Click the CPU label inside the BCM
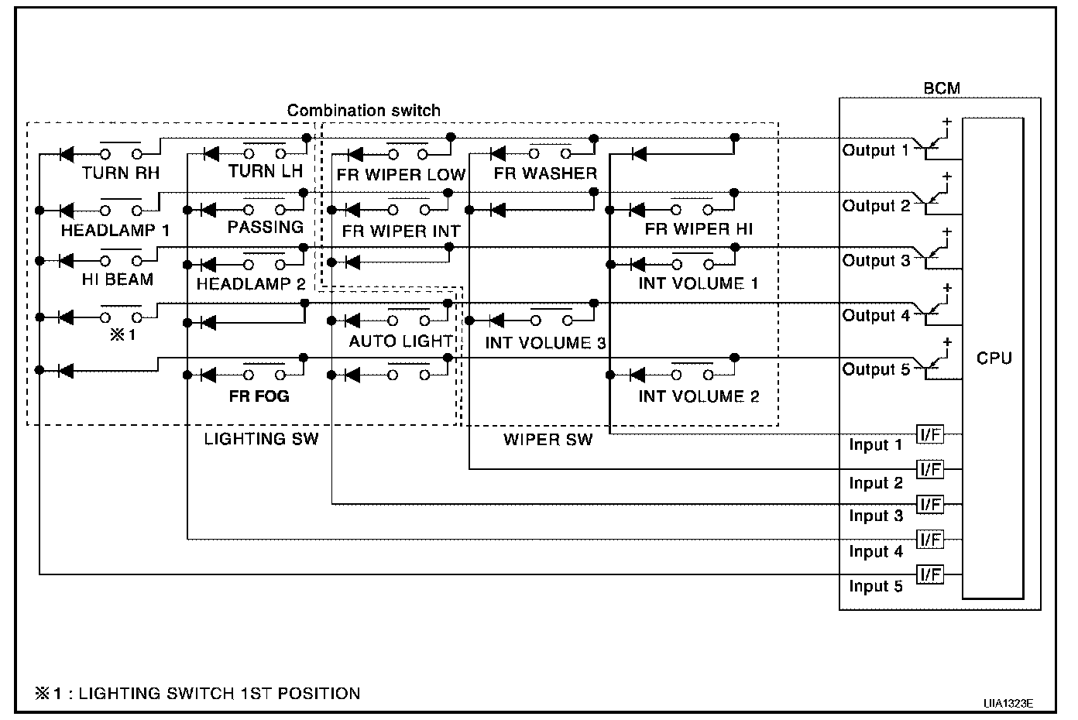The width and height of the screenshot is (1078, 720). click(x=994, y=358)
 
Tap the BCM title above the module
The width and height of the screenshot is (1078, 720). click(x=942, y=88)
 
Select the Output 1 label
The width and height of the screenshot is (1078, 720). click(x=875, y=150)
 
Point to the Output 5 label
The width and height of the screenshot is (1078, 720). click(x=875, y=369)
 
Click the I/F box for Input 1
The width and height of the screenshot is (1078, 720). click(x=929, y=434)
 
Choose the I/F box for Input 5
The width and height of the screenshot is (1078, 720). click(x=929, y=574)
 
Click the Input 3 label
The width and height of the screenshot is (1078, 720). click(x=876, y=516)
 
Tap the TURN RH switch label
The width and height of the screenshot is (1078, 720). click(x=121, y=173)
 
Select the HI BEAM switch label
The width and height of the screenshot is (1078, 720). click(x=118, y=279)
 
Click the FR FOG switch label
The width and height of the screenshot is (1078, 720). click(x=259, y=396)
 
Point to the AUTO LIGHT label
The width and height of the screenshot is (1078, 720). click(x=400, y=341)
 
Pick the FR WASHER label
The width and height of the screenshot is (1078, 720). click(x=545, y=173)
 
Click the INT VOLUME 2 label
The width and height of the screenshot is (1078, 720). click(x=699, y=396)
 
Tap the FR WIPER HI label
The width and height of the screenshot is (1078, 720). click(x=699, y=229)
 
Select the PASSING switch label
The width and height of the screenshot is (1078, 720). click(x=265, y=227)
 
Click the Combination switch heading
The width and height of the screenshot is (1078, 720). click(x=363, y=111)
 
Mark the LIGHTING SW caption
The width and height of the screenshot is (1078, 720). click(x=261, y=439)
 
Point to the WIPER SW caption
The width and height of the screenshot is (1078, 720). click(x=548, y=440)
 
